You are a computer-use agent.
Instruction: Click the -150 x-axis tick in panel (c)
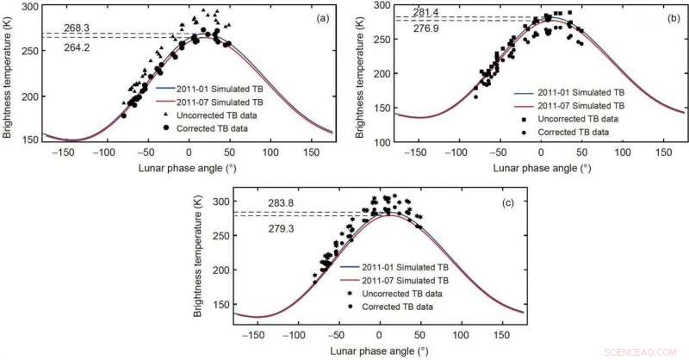coord(252,331)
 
